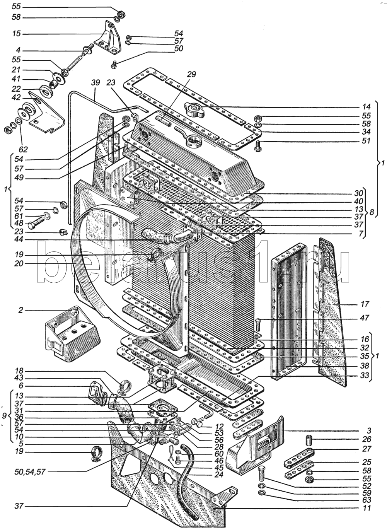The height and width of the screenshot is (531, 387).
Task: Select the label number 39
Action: (x=95, y=83)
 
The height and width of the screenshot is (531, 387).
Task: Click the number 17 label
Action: (x=365, y=304)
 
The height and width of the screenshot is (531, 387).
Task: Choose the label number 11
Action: (x=365, y=508)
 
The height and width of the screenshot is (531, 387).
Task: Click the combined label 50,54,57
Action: (x=38, y=471)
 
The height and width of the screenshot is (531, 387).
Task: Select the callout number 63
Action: (x=365, y=500)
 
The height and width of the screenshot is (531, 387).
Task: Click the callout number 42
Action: (x=17, y=98)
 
